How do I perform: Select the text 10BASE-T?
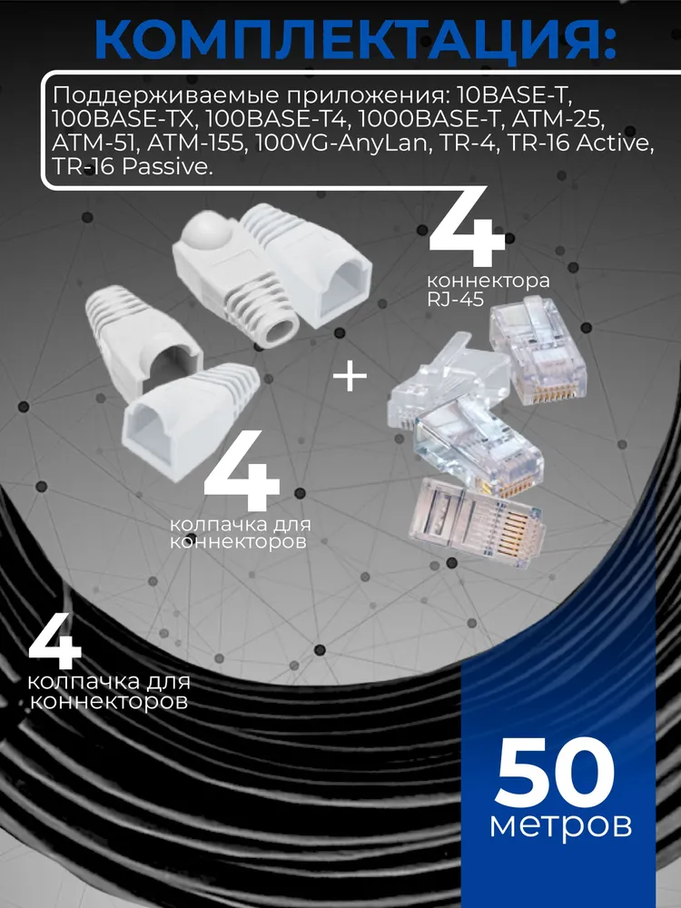click(518, 95)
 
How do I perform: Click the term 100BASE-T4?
click(276, 119)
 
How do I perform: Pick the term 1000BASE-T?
click(430, 119)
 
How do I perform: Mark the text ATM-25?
click(558, 119)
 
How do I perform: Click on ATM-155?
click(195, 143)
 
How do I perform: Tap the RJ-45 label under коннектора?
click(455, 300)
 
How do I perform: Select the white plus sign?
click(350, 377)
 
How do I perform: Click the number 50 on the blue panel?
click(555, 774)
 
